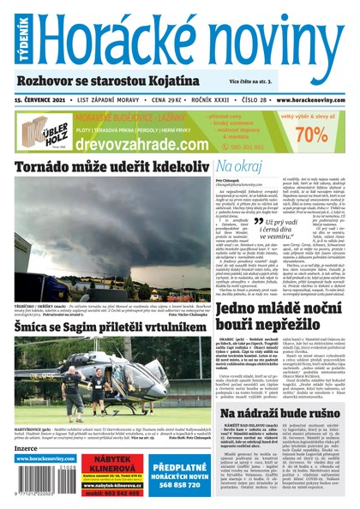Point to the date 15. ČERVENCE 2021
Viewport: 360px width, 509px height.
(39, 99)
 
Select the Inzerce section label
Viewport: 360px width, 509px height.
(28, 446)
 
